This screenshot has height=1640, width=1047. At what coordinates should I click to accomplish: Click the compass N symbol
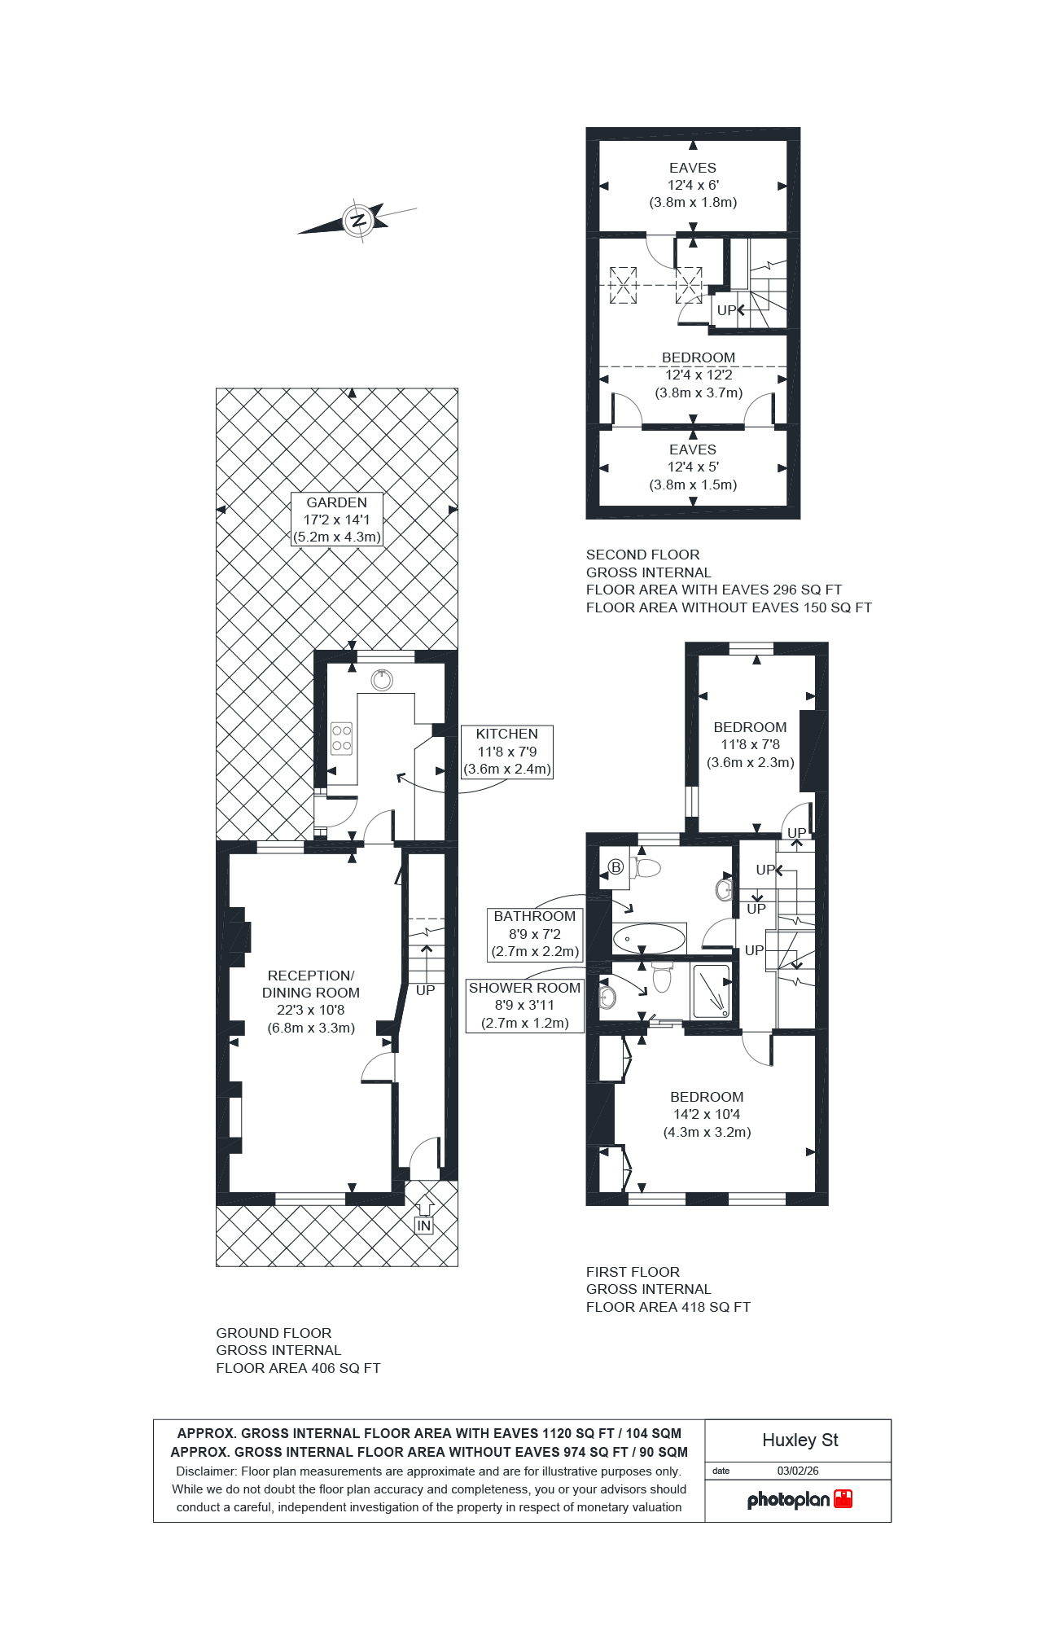click(357, 220)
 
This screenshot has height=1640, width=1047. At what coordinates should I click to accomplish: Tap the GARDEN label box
click(337, 520)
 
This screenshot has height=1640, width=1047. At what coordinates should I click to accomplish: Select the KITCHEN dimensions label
click(506, 752)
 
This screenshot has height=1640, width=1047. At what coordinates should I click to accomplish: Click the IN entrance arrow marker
click(423, 1218)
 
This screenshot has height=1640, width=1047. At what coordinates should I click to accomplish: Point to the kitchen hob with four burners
click(342, 738)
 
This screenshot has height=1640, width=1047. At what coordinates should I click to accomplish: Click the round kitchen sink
click(382, 679)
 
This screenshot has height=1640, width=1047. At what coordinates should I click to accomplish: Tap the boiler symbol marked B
click(616, 867)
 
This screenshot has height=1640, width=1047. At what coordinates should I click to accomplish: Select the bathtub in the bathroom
click(649, 939)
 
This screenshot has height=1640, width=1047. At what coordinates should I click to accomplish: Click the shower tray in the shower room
click(711, 991)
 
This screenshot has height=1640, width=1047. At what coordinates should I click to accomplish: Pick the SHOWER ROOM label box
click(524, 1006)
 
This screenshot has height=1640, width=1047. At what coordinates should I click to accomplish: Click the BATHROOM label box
click(534, 934)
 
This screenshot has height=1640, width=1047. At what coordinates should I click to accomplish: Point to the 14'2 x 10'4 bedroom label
click(707, 1115)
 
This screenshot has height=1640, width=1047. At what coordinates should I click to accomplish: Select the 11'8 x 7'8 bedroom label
click(750, 744)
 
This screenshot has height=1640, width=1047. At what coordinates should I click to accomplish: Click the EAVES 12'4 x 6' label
click(693, 185)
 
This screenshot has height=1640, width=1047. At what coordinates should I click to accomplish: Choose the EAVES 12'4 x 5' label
click(693, 467)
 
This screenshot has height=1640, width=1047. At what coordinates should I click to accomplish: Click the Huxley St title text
click(799, 1440)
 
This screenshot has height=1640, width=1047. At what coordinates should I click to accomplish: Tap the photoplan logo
click(799, 1500)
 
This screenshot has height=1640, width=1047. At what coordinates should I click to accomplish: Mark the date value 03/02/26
click(798, 1471)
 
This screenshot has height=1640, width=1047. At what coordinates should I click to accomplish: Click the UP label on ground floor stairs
click(425, 991)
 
